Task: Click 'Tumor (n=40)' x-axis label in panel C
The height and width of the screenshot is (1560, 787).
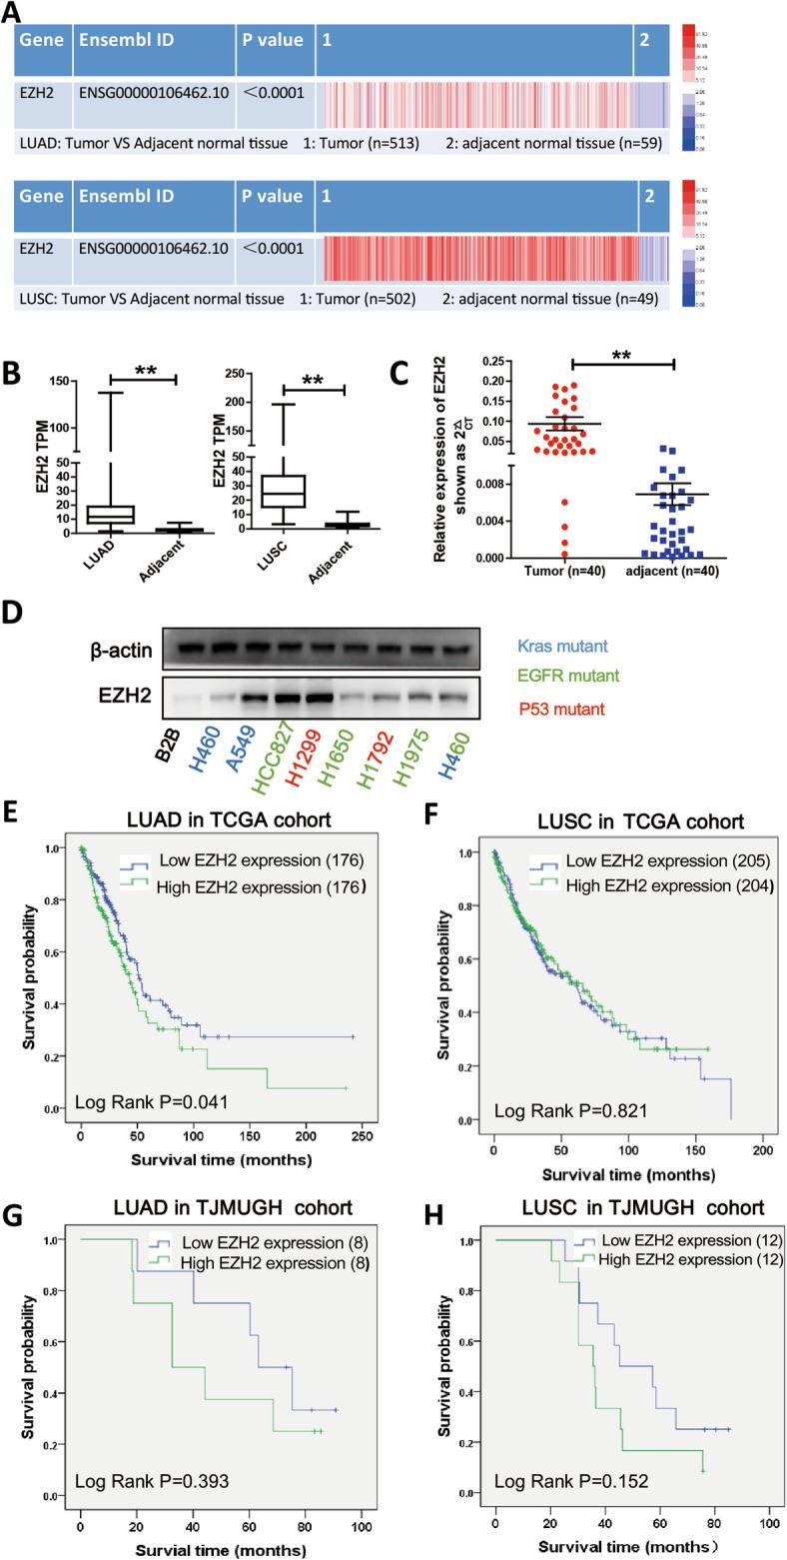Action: click(x=507, y=570)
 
